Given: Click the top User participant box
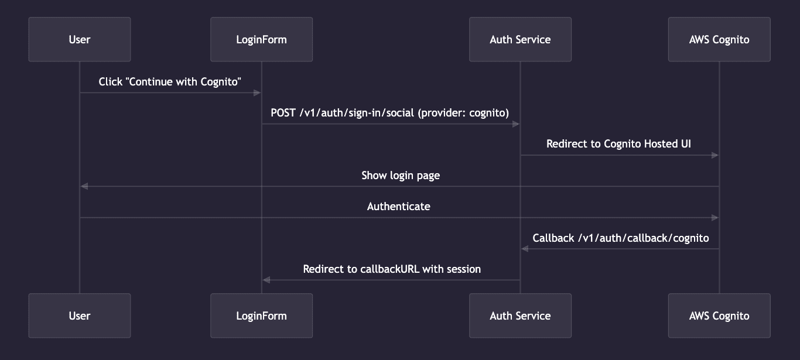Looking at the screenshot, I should pyautogui.click(x=80, y=39).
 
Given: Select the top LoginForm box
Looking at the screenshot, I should pyautogui.click(x=261, y=39).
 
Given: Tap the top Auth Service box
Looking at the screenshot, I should pyautogui.click(x=520, y=39).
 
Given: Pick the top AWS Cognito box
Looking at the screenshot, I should pyautogui.click(x=719, y=39).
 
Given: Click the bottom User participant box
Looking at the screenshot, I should pyautogui.click(x=80, y=316).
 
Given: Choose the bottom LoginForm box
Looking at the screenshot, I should pyautogui.click(x=261, y=316).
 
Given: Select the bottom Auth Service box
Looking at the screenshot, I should pyautogui.click(x=520, y=316).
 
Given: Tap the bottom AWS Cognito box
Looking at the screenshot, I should pyautogui.click(x=719, y=316).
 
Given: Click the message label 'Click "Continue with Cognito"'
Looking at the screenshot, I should pyautogui.click(x=170, y=82).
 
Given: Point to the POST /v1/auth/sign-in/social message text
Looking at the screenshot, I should pyautogui.click(x=390, y=113).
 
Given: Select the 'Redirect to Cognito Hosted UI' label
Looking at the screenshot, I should pyautogui.click(x=619, y=144).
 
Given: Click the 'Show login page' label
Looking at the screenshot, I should pyautogui.click(x=401, y=175).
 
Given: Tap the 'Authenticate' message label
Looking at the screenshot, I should pyautogui.click(x=399, y=206).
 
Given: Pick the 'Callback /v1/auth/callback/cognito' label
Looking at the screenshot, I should pyautogui.click(x=621, y=238).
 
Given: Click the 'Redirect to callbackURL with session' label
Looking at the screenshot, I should pyautogui.click(x=392, y=269).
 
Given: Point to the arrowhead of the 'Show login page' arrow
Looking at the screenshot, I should pyautogui.click(x=84, y=186).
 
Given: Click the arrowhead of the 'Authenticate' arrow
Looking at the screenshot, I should pyautogui.click(x=714, y=218).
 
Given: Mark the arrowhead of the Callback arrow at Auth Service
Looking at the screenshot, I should pyautogui.click(x=525, y=249).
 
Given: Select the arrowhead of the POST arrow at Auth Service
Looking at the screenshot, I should pyautogui.click(x=515, y=124).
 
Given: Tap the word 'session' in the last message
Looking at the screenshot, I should pyautogui.click(x=463, y=269).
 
